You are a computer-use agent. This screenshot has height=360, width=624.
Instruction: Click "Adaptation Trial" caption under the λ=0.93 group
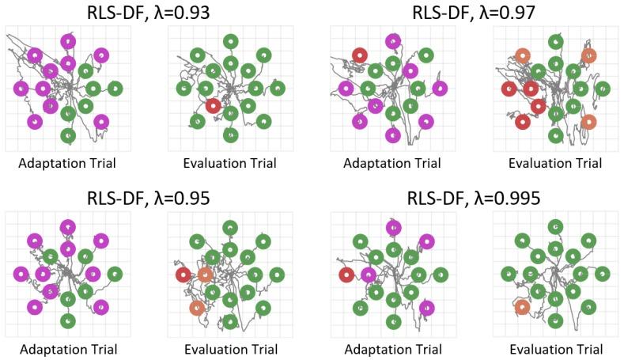coord(68,164)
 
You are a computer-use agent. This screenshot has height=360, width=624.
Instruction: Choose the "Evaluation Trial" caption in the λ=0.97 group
coord(555,164)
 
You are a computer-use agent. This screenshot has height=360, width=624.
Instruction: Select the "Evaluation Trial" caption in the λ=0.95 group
coord(230,349)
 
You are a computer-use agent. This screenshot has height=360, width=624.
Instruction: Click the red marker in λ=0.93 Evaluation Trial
coord(212,105)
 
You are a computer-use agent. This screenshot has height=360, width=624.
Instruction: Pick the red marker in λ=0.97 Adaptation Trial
coord(360,55)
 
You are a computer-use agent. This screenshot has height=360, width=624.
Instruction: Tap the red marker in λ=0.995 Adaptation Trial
coord(346,275)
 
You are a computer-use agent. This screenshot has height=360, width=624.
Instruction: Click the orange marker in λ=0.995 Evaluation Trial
coord(522,307)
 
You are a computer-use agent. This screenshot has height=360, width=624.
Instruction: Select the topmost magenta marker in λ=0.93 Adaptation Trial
coord(68,41)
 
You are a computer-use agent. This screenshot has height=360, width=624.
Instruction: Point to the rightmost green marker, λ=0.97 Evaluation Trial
coord(603,88)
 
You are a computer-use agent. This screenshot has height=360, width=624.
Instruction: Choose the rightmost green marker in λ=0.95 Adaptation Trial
coord(115,275)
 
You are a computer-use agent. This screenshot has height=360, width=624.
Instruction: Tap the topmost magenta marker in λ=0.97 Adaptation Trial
coord(392,41)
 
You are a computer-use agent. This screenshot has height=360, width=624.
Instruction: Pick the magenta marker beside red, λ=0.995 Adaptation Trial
coord(369,275)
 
